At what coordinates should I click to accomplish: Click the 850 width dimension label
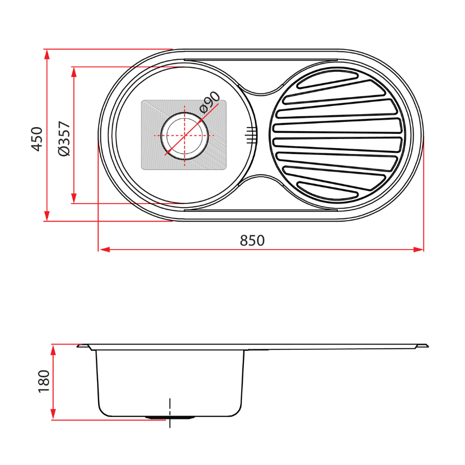(252, 241)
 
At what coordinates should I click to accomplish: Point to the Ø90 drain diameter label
(209, 102)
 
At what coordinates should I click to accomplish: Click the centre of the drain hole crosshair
(185, 135)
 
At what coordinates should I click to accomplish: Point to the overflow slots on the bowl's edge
(251, 135)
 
